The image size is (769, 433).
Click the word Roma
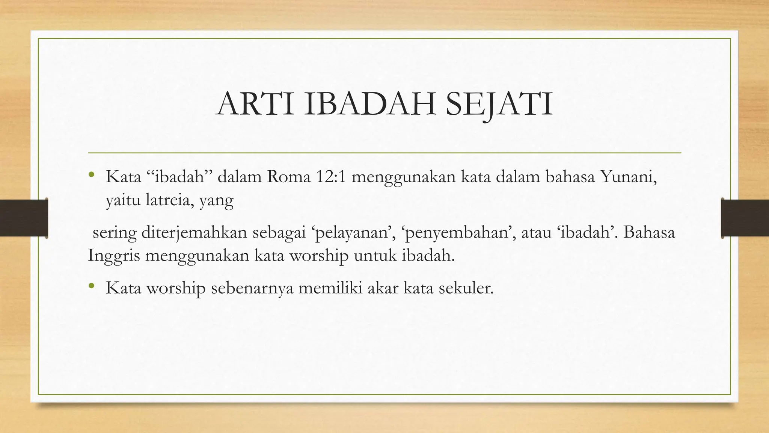pyautogui.click(x=289, y=177)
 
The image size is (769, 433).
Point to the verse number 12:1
pyautogui.click(x=330, y=177)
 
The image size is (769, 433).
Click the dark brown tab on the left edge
pyautogui.click(x=24, y=218)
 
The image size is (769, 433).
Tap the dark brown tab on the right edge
pyautogui.click(x=745, y=218)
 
